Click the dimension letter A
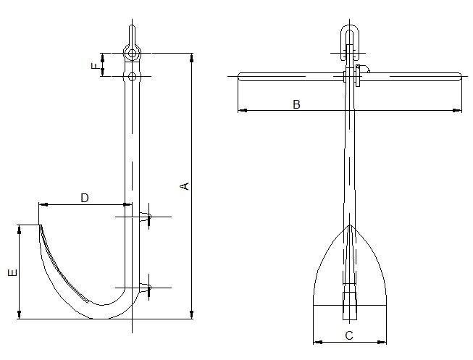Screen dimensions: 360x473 pyautogui.click(x=185, y=186)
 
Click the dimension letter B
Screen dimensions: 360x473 pyautogui.click(x=296, y=104)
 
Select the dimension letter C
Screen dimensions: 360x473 pyautogui.click(x=349, y=335)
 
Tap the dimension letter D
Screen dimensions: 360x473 pyautogui.click(x=84, y=198)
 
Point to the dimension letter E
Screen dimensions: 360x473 pyautogui.click(x=11, y=273)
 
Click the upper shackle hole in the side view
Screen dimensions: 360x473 pyautogui.click(x=131, y=53)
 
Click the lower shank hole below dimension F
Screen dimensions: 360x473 pyautogui.click(x=131, y=75)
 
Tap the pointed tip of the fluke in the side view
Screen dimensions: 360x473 pyautogui.click(x=39, y=225)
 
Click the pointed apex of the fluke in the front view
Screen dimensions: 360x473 pyautogui.click(x=351, y=225)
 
